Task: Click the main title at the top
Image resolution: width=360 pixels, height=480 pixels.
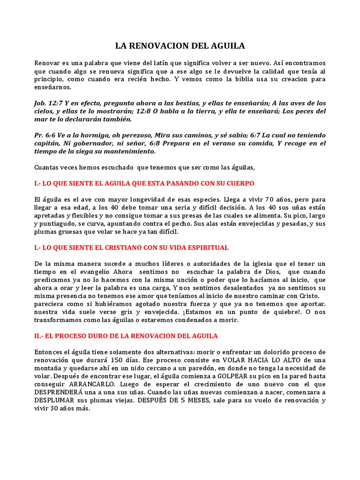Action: pos(180,46)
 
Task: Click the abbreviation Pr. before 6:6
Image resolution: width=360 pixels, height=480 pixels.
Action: pos(39,135)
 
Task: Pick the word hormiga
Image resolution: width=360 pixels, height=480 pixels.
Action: pos(91,135)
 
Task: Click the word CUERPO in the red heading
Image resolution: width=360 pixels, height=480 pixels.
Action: pos(239,183)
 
